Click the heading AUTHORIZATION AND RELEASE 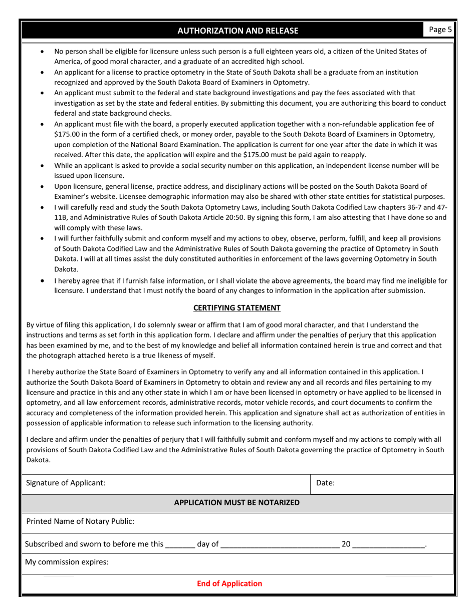pos(237,31)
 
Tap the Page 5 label pos(440,30)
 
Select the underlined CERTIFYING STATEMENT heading pos(237,307)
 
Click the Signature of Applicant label pos(66,483)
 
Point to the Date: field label pos(326,483)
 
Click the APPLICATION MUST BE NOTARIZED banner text pos(237,503)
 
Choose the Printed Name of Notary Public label pos(80,521)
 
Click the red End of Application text pos(229,583)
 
